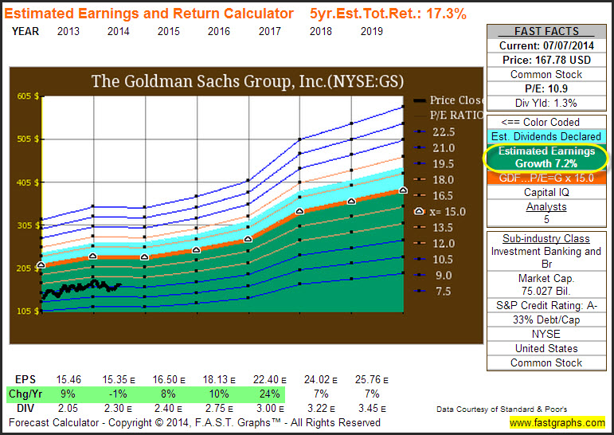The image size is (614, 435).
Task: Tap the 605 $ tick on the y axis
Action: (28, 96)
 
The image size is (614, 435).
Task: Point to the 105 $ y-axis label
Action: (28, 311)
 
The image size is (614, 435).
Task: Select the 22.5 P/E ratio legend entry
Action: (443, 132)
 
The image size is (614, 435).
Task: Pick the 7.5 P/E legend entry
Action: (443, 292)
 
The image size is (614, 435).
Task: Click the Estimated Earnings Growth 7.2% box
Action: (546, 158)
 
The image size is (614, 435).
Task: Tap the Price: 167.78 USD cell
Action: (546, 59)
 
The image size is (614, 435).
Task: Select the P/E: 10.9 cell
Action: (546, 88)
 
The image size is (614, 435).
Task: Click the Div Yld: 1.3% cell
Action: (546, 103)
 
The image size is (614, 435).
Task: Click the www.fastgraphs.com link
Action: (557, 422)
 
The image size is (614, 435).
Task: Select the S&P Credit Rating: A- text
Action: (546, 305)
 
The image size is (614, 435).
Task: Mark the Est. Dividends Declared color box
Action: (546, 136)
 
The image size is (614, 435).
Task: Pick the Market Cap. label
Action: (546, 278)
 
